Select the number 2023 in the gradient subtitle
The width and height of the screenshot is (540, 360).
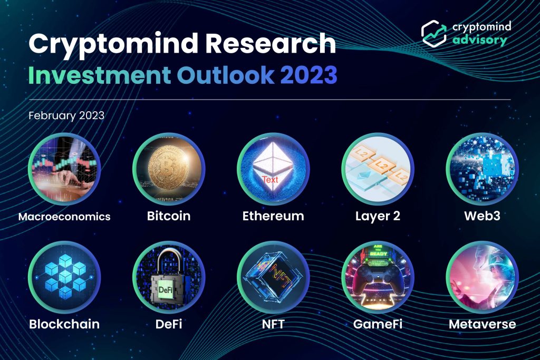coord(308,75)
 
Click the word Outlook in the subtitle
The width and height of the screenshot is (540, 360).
coord(226,75)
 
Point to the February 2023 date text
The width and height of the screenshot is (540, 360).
coord(66,115)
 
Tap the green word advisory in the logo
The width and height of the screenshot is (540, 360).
coord(479,40)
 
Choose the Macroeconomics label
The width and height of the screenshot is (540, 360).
coord(64,217)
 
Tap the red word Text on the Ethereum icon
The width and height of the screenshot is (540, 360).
coord(270,179)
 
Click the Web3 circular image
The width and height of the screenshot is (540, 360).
coord(482,169)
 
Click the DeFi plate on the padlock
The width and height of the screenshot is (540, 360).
coord(165,290)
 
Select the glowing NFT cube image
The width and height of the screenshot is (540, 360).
coord(273,277)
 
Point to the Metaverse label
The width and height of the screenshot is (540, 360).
coord(482,324)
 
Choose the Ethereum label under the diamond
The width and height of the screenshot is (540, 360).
coord(273,216)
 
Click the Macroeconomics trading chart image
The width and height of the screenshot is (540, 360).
coord(64,169)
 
